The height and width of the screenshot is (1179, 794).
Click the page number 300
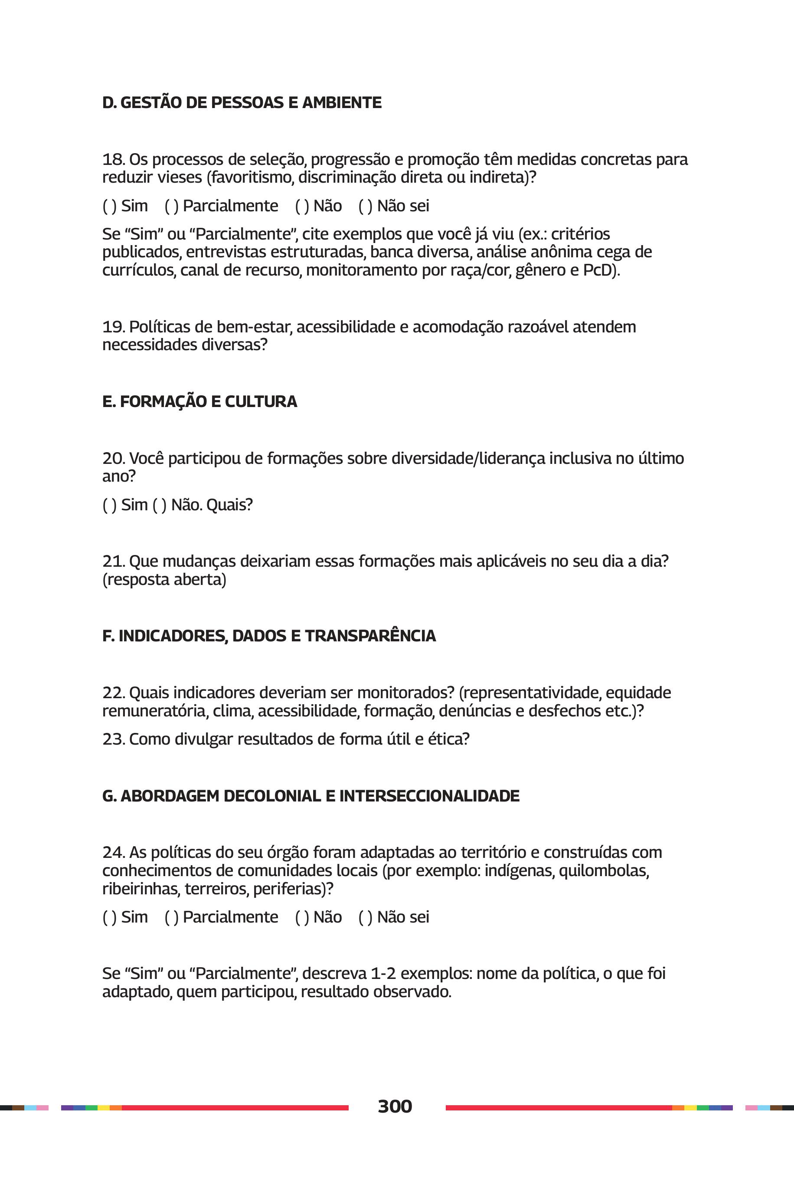tap(395, 1106)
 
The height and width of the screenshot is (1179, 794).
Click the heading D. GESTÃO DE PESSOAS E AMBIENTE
tap(242, 103)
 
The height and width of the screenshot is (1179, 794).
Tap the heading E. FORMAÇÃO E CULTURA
tap(199, 401)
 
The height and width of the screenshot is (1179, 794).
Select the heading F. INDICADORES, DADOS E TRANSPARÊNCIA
tap(269, 636)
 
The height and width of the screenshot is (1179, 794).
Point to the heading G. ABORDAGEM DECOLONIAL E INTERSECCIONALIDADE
tap(310, 796)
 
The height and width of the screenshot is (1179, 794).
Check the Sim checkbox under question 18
tap(109, 206)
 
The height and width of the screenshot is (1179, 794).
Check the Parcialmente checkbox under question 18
tap(172, 206)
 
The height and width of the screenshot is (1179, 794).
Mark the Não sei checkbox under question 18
tap(365, 206)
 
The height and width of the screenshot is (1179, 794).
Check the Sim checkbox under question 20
tap(109, 505)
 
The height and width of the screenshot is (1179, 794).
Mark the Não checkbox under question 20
tap(160, 505)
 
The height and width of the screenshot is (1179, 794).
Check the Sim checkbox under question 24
tap(109, 917)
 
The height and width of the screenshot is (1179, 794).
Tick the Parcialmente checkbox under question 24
tap(172, 917)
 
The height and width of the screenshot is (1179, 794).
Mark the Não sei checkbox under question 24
tap(365, 917)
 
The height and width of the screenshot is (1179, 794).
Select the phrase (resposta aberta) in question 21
tap(164, 580)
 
